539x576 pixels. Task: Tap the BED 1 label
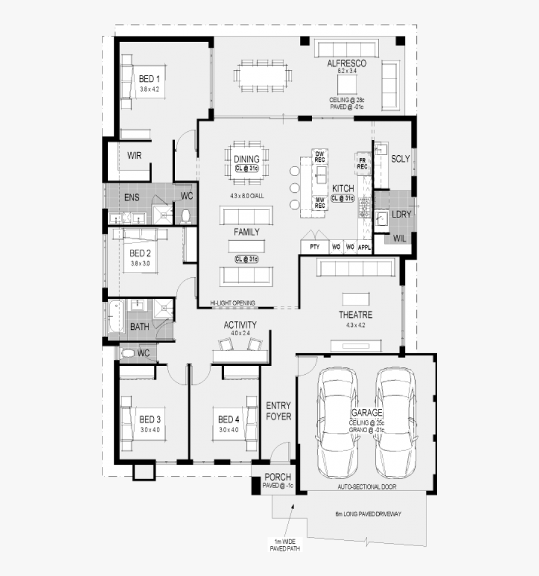pyautogui.click(x=149, y=78)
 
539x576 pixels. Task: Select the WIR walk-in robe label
pyautogui.click(x=134, y=156)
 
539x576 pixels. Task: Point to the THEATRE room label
pyautogui.click(x=356, y=315)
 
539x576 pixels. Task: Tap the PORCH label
pyautogui.click(x=278, y=477)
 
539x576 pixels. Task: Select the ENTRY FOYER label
pyautogui.click(x=278, y=410)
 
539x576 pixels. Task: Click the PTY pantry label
pyautogui.click(x=314, y=247)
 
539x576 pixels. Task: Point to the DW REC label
pyautogui.click(x=320, y=156)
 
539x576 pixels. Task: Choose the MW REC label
pyautogui.click(x=320, y=202)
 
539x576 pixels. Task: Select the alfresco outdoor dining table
pyautogui.click(x=264, y=75)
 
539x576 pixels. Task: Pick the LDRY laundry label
pyautogui.click(x=400, y=214)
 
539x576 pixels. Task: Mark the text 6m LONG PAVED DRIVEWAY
pyautogui.click(x=368, y=514)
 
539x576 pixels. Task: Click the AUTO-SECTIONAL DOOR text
pyautogui.click(x=366, y=487)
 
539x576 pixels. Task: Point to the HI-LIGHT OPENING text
pyautogui.click(x=233, y=303)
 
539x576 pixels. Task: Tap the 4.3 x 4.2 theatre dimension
pyautogui.click(x=355, y=325)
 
